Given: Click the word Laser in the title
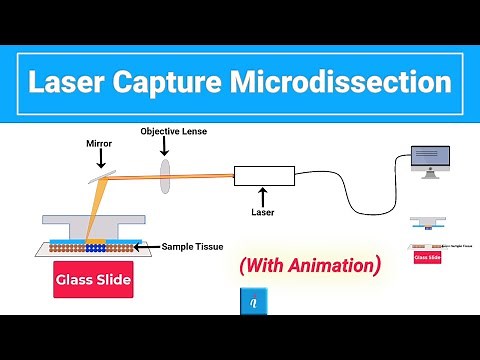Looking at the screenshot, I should point(71,81).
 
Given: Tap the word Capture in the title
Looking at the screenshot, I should point(183,81).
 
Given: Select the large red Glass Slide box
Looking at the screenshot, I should point(93,280).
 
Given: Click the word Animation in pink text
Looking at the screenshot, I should point(329,266).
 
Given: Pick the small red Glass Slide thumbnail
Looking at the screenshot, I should point(427,257).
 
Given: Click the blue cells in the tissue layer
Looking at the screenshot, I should point(95,245).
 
